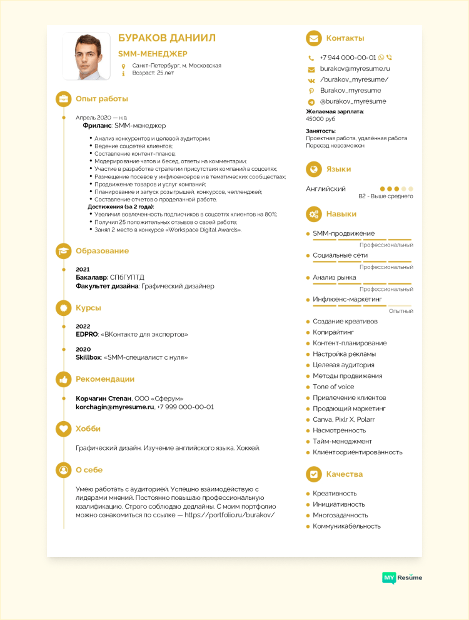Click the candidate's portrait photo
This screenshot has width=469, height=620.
point(86,56)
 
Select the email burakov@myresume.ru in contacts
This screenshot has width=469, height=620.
point(355,68)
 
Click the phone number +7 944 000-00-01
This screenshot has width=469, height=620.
point(348,57)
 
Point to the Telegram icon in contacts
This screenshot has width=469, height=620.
point(311,101)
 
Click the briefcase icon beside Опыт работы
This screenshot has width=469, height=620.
point(63,99)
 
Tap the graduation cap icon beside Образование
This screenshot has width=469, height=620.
point(63,251)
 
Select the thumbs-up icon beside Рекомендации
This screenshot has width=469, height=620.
point(63,379)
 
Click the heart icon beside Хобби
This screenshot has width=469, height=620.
point(63,429)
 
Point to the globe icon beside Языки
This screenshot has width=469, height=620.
point(313,169)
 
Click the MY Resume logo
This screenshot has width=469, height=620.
point(402,577)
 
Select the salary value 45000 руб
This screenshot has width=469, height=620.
point(320,119)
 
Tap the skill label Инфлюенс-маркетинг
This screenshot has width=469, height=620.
point(347,299)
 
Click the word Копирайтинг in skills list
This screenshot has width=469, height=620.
point(333,332)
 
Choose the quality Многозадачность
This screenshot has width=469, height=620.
point(340,515)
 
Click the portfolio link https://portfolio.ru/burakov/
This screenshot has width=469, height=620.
point(229,515)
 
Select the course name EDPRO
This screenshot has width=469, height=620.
point(87,334)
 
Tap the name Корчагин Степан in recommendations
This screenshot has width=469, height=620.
point(103,398)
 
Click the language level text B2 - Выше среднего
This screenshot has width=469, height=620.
point(385,196)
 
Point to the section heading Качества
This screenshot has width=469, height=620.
point(345,474)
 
